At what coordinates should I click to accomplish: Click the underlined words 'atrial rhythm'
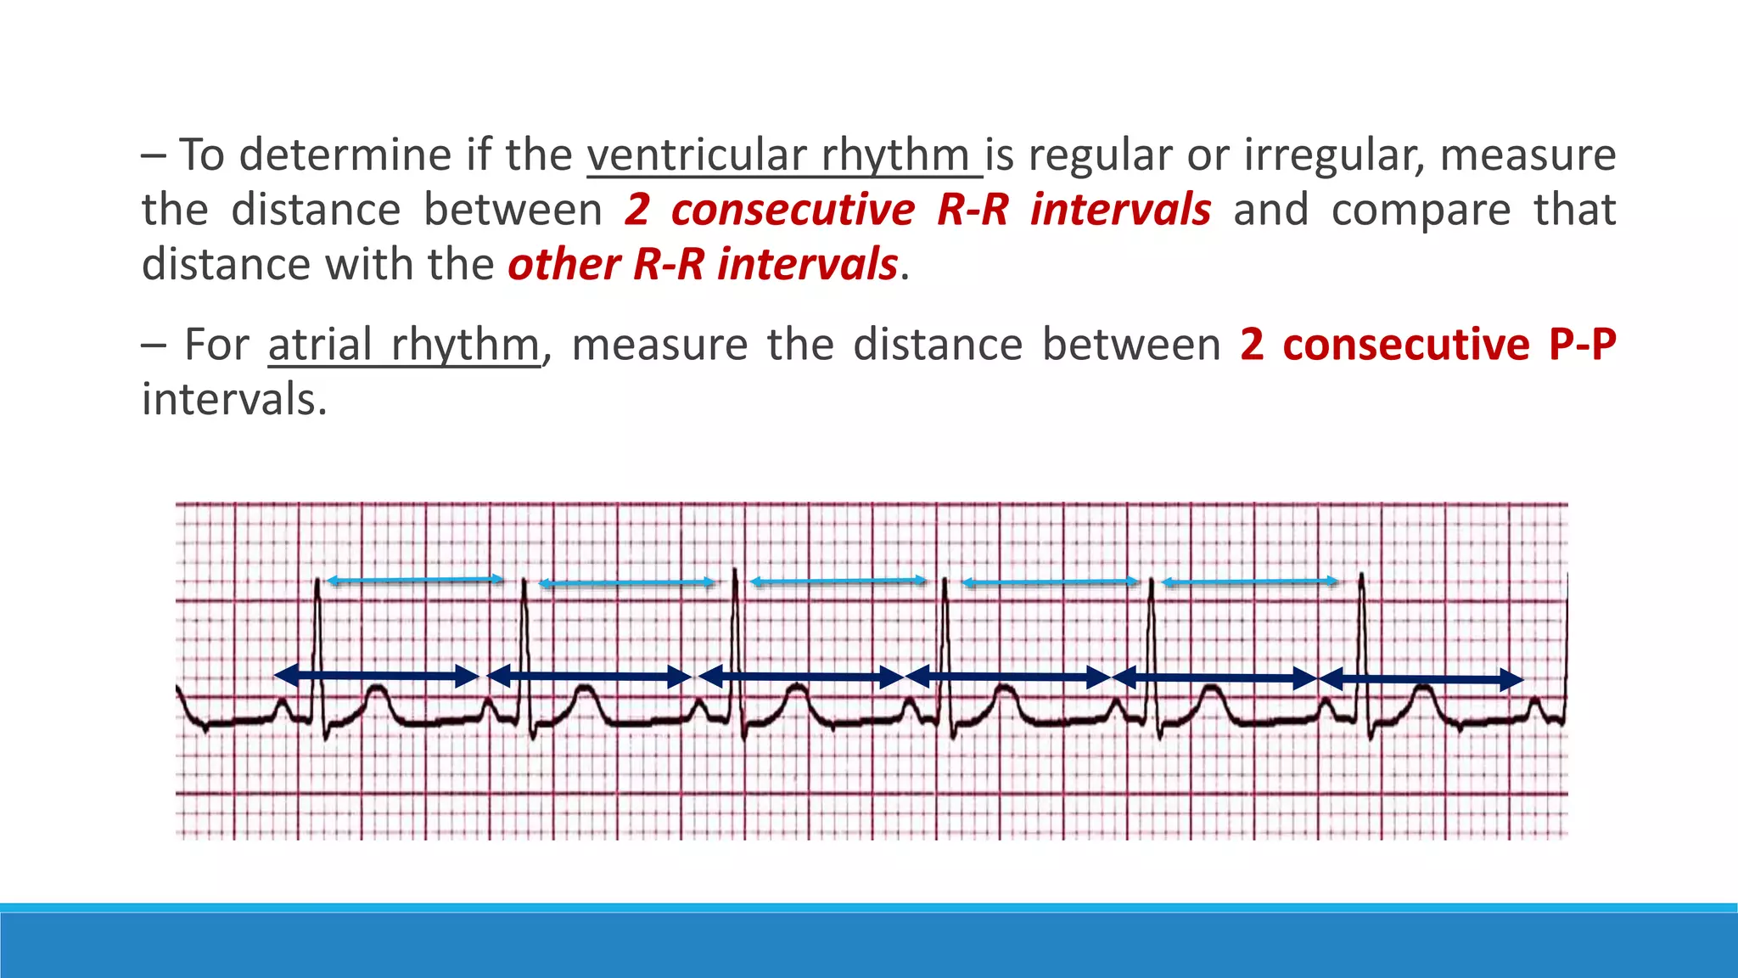coord(404,346)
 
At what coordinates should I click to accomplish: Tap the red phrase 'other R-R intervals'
coord(703,264)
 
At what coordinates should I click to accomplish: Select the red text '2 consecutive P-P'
coord(1427,345)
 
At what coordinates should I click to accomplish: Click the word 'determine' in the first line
coord(345,155)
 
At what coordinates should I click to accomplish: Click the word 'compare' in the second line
coord(1421,210)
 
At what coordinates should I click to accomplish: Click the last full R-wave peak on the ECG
coord(1361,577)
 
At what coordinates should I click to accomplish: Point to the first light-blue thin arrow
coord(415,580)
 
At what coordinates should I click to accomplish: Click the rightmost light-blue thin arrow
coord(1250,582)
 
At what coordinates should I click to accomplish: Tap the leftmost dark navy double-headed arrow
coord(376,676)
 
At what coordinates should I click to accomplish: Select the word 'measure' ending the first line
coord(1528,155)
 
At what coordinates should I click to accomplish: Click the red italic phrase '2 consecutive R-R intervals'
coord(918,210)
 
